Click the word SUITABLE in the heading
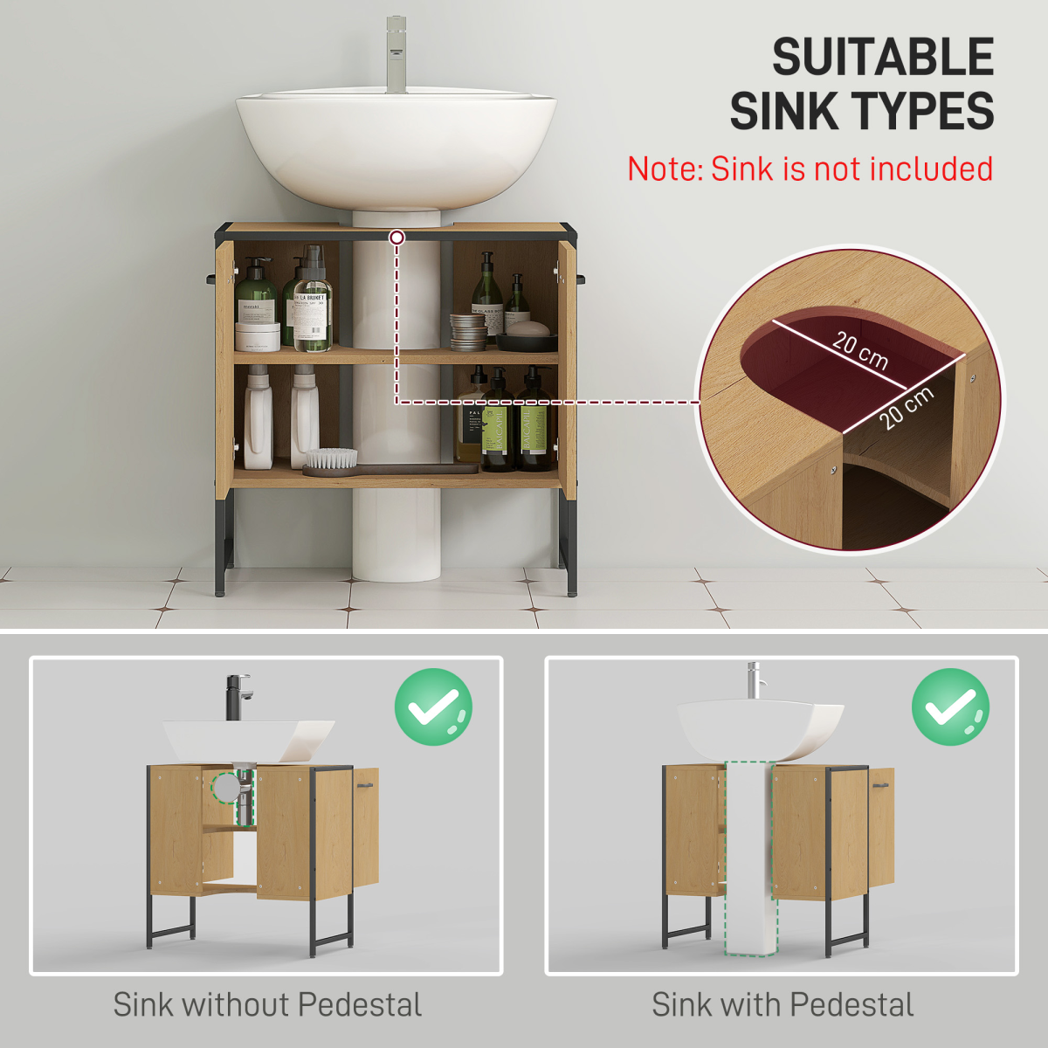click(883, 58)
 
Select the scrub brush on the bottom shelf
click(331, 460)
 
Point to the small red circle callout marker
click(397, 237)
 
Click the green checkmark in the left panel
click(433, 707)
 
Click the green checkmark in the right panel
click(950, 707)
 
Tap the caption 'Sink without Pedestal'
click(267, 1004)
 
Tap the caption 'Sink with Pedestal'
click(783, 1004)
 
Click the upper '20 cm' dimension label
click(860, 350)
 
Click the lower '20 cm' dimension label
click(906, 407)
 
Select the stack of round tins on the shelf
click(468, 332)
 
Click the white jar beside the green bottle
click(258, 336)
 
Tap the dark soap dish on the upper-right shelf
click(527, 340)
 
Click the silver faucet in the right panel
click(753, 679)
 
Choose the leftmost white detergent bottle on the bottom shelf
click(259, 419)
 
